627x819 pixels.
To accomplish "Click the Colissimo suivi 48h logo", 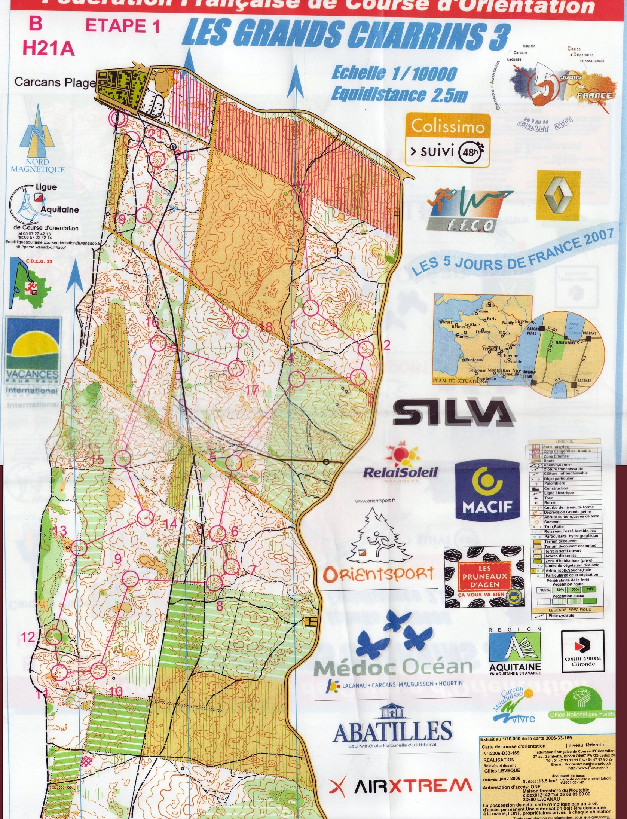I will coord(447,139).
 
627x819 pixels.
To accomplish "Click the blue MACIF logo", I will coord(487,491).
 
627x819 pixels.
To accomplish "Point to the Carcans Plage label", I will coord(55,82).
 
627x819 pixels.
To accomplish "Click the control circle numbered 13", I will coord(79,547).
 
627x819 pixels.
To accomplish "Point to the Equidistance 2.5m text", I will coord(399,95).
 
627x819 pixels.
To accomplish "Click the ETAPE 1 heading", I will coord(123,26).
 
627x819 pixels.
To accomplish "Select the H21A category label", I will coord(48,49).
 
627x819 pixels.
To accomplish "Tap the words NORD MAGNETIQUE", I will coord(37,166).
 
